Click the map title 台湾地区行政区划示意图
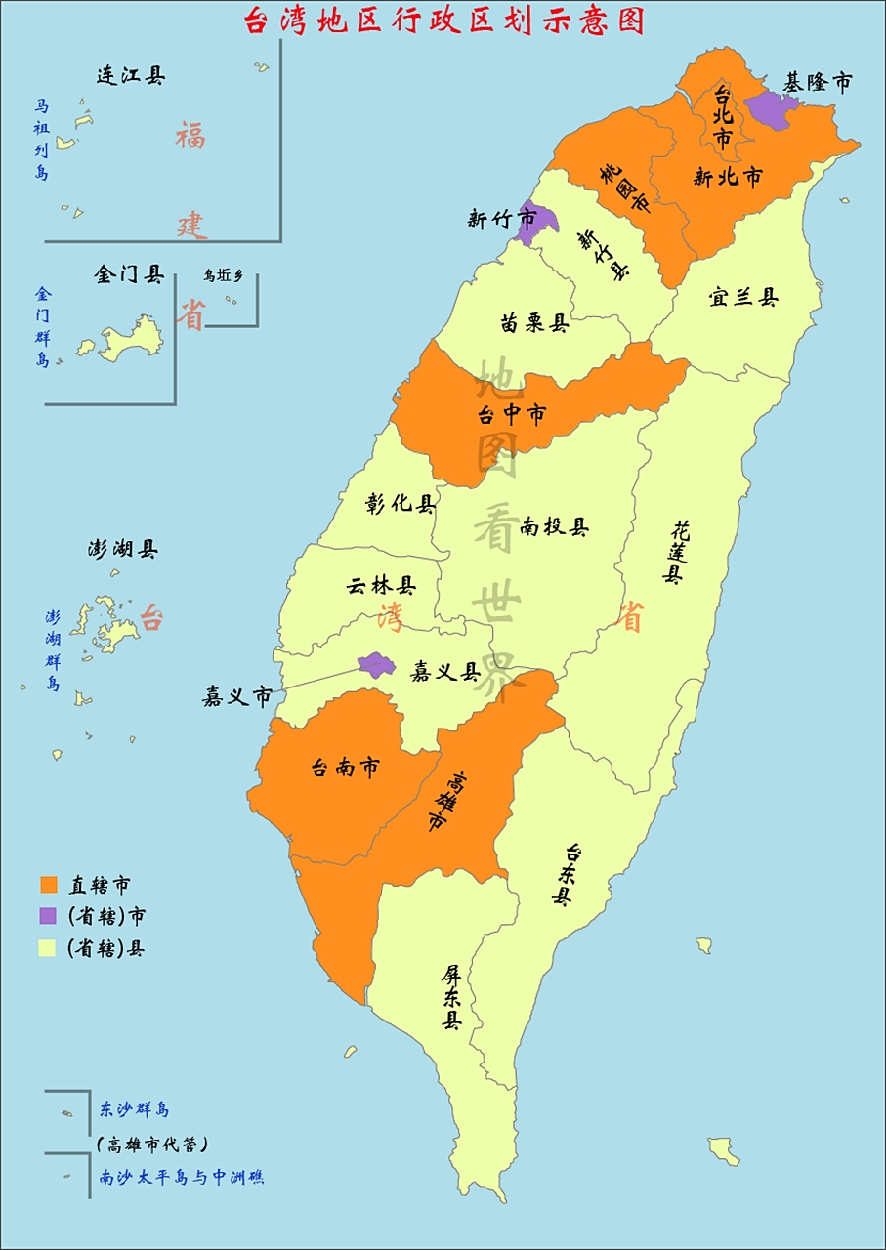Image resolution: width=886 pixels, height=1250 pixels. click(x=443, y=21)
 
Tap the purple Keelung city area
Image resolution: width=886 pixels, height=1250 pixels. click(x=771, y=111)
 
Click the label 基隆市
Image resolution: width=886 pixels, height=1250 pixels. click(x=818, y=83)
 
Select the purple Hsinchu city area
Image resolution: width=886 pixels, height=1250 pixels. click(x=532, y=225)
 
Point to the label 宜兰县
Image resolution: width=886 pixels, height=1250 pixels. click(x=744, y=298)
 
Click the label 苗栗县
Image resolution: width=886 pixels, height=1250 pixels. click(x=534, y=323)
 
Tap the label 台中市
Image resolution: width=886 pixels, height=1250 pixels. click(x=511, y=415)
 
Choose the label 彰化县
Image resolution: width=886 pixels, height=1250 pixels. click(x=401, y=504)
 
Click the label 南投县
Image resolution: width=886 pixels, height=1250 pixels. click(x=555, y=527)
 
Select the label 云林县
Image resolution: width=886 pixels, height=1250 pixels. click(x=381, y=586)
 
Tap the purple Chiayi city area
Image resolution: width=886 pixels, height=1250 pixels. click(x=375, y=666)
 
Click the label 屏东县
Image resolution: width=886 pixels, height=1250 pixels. click(x=451, y=997)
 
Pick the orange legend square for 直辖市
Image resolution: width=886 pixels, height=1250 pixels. click(x=49, y=886)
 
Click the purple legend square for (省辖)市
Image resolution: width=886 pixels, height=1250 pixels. click(x=49, y=916)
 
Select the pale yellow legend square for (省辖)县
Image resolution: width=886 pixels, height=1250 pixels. click(x=49, y=947)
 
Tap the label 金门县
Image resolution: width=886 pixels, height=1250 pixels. click(x=129, y=275)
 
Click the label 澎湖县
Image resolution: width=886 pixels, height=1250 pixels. click(x=123, y=550)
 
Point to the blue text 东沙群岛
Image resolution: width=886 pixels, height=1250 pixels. click(x=135, y=1110)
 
